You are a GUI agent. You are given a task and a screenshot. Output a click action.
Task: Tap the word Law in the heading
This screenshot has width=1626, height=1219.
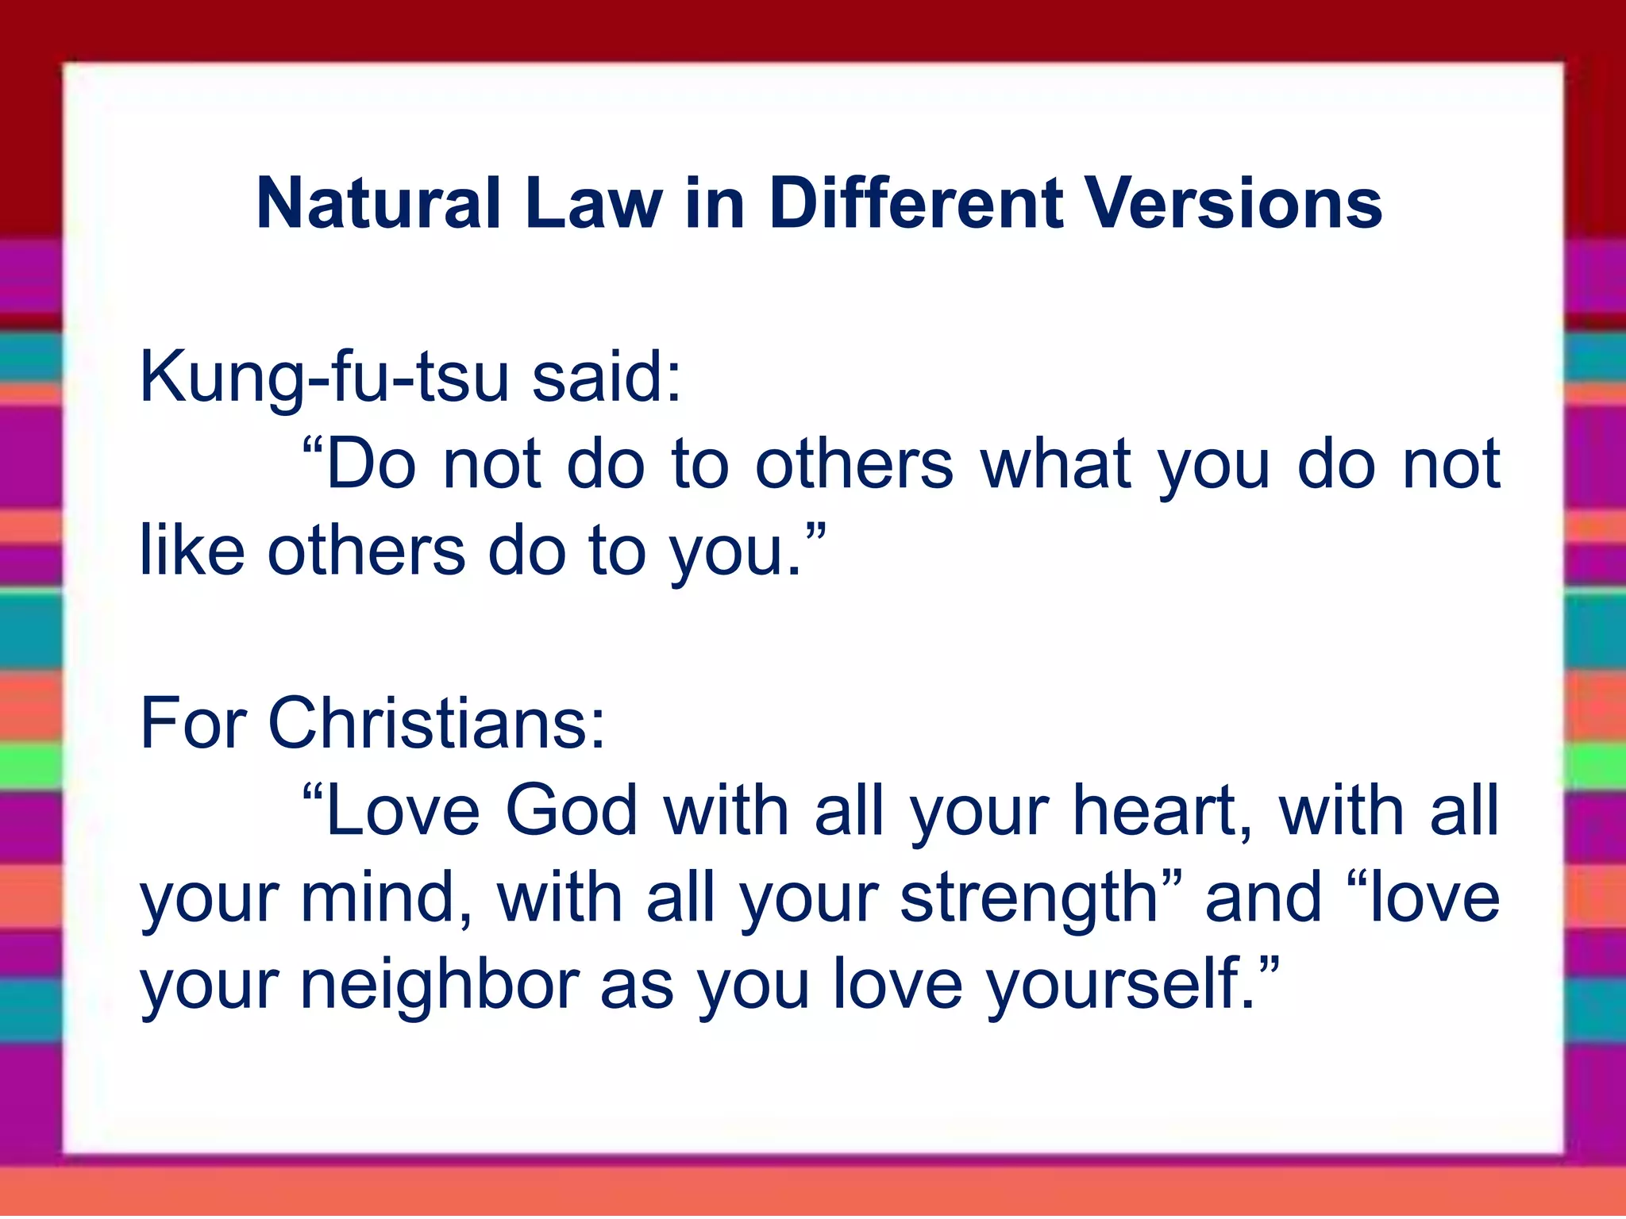click(x=593, y=204)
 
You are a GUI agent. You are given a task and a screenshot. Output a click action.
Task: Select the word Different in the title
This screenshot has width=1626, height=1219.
click(x=915, y=204)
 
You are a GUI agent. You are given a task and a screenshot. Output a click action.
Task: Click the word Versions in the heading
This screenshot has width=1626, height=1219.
click(x=1234, y=204)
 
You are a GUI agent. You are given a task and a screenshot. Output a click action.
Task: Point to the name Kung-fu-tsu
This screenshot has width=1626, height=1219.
click(x=324, y=378)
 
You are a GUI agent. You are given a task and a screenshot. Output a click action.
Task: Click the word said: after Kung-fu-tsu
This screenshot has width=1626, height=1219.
click(x=607, y=376)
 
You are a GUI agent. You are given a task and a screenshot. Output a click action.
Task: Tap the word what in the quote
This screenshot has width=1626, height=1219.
click(x=1056, y=463)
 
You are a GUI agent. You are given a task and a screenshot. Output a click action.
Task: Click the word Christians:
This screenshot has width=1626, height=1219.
click(x=437, y=723)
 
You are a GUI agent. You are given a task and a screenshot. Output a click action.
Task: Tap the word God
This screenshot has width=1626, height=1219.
click(x=572, y=810)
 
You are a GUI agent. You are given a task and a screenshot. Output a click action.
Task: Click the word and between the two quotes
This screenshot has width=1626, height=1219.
click(x=1263, y=898)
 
